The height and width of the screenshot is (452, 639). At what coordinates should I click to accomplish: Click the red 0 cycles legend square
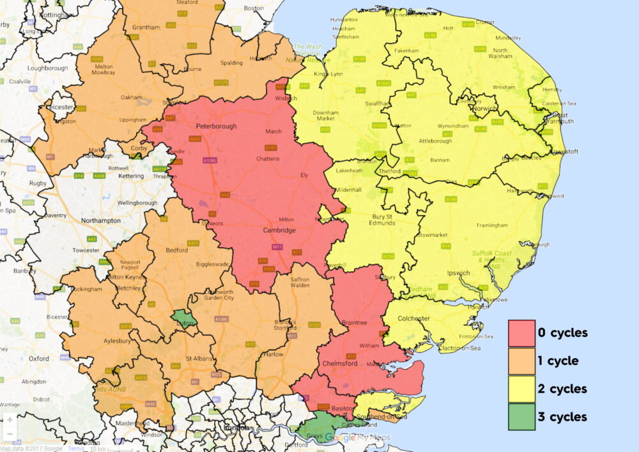[521, 333]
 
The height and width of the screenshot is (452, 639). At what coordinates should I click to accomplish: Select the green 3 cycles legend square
[521, 417]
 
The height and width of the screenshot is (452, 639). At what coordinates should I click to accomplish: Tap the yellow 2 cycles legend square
[521, 389]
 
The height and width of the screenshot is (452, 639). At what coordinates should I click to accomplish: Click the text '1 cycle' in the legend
[558, 361]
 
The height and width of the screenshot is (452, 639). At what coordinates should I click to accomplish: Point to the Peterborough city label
[216, 127]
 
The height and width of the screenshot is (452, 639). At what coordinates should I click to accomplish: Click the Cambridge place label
[279, 230]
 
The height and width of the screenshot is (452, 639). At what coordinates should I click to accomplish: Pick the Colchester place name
[414, 318]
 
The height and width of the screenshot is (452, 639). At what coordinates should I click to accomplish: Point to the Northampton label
[101, 221]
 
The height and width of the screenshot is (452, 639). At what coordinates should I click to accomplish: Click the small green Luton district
[184, 318]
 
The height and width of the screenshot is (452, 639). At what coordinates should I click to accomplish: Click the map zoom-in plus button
[10, 420]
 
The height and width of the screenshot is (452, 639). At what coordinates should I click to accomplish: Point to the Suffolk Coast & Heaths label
[492, 257]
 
